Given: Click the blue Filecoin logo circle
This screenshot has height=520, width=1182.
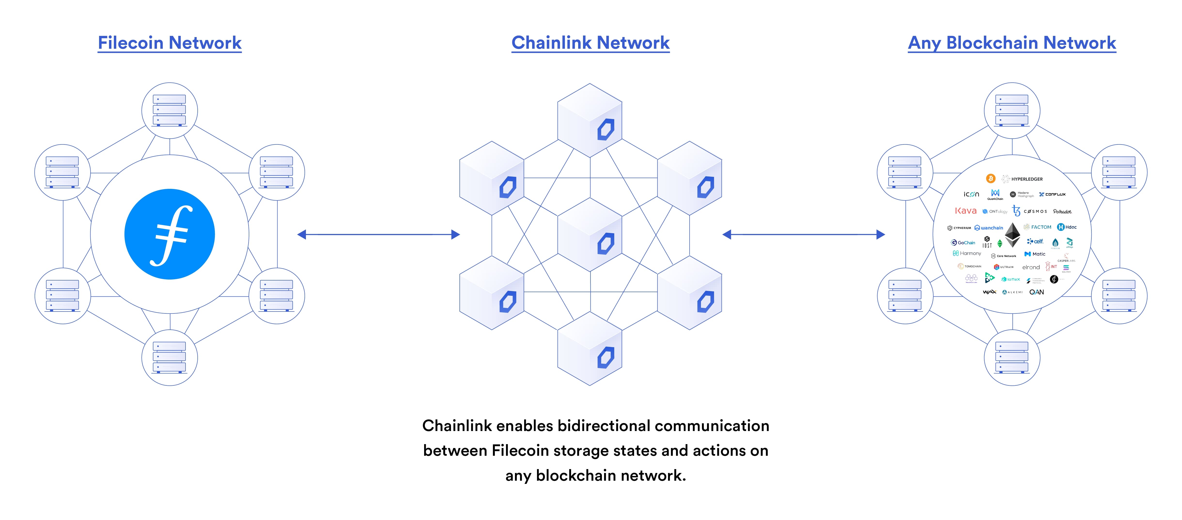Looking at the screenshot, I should point(169,234).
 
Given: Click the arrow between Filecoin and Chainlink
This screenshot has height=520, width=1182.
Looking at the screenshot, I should point(379,235).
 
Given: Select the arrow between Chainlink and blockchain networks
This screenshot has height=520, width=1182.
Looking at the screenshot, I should point(803,235).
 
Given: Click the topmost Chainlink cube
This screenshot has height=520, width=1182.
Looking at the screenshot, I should point(590,120).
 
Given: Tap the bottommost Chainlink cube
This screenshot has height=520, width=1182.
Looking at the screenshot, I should point(590,349).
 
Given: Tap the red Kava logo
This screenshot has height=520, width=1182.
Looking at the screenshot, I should point(965,211).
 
